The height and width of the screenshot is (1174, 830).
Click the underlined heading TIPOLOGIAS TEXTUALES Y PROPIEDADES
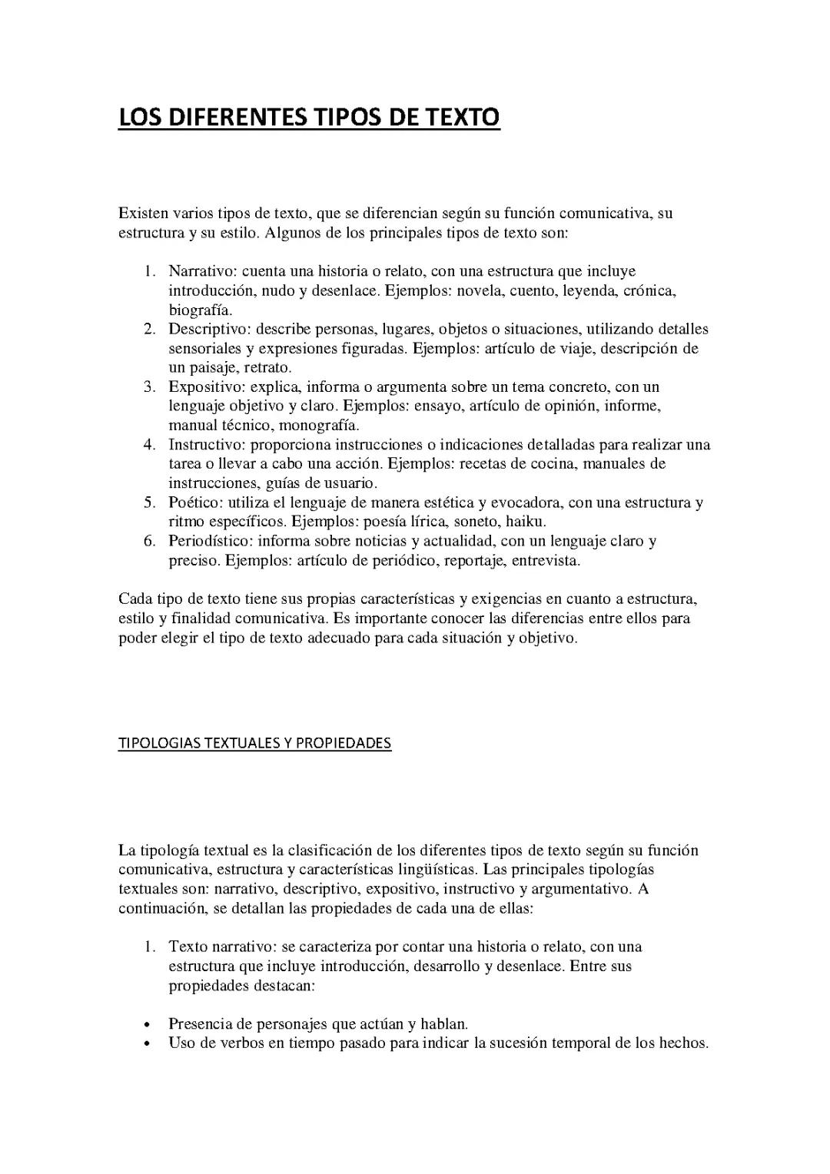254,743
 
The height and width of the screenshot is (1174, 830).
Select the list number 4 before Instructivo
149,445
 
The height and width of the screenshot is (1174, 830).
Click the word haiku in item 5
526,522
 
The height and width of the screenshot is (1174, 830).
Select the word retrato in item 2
267,368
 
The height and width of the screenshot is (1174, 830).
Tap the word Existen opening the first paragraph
143,213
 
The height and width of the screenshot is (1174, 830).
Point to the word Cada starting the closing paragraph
135,599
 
